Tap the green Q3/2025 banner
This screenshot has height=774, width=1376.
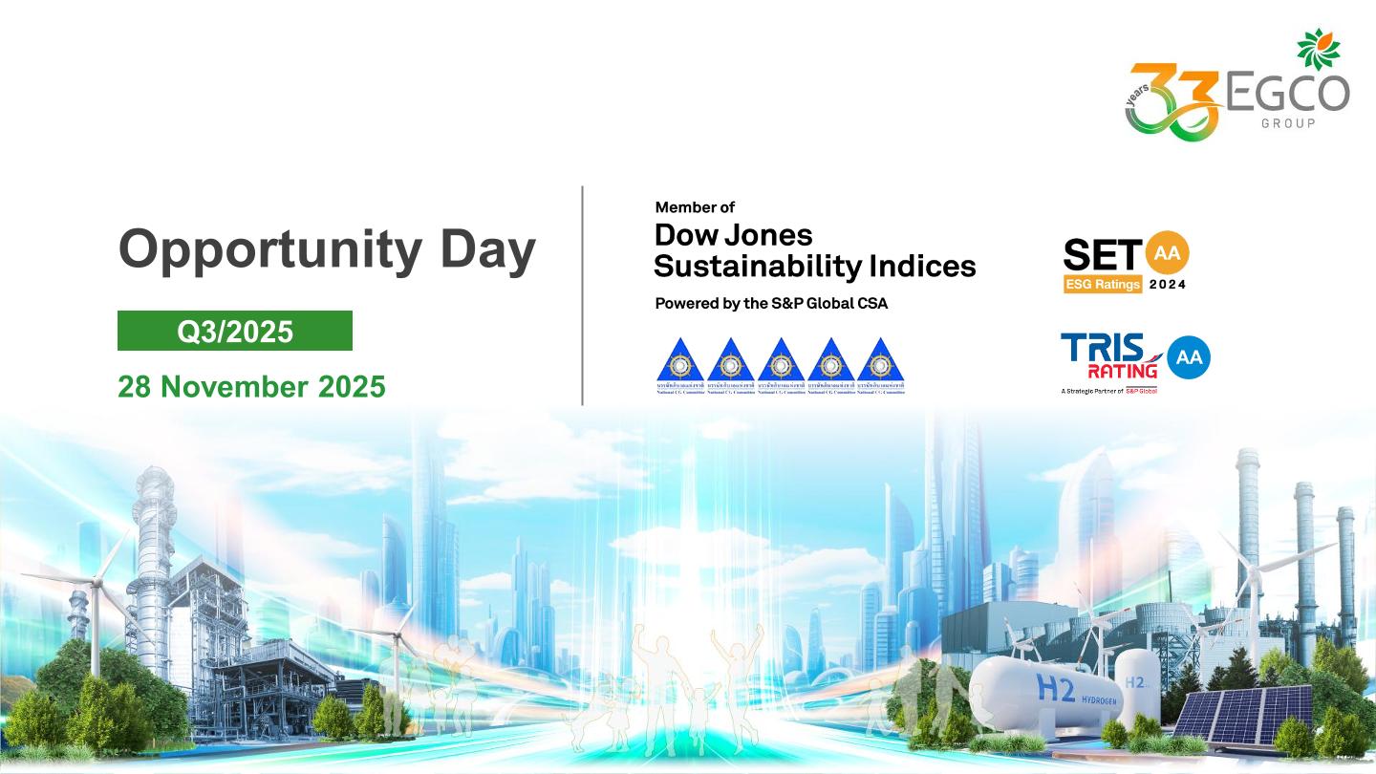click(x=235, y=331)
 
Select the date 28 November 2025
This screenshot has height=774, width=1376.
click(x=251, y=386)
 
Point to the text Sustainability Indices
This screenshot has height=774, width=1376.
click(x=814, y=266)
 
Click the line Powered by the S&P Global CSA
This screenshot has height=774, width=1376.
click(x=771, y=303)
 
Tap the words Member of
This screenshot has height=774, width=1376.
click(x=695, y=206)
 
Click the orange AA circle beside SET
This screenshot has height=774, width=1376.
click(x=1167, y=253)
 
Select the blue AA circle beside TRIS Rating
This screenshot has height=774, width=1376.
click(x=1188, y=358)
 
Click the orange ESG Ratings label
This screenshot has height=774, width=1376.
click(x=1103, y=284)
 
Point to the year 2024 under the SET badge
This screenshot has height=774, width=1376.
click(x=1167, y=284)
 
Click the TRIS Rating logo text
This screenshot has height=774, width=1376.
click(x=1109, y=355)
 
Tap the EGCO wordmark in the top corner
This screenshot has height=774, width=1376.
click(x=1286, y=93)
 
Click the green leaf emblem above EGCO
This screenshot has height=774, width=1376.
click(x=1318, y=49)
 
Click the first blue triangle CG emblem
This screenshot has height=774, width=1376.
click(x=679, y=364)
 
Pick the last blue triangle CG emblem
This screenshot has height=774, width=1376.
click(x=880, y=364)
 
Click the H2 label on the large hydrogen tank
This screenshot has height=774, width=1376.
click(x=1055, y=687)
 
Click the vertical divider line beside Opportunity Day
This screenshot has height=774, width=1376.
click(x=582, y=295)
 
